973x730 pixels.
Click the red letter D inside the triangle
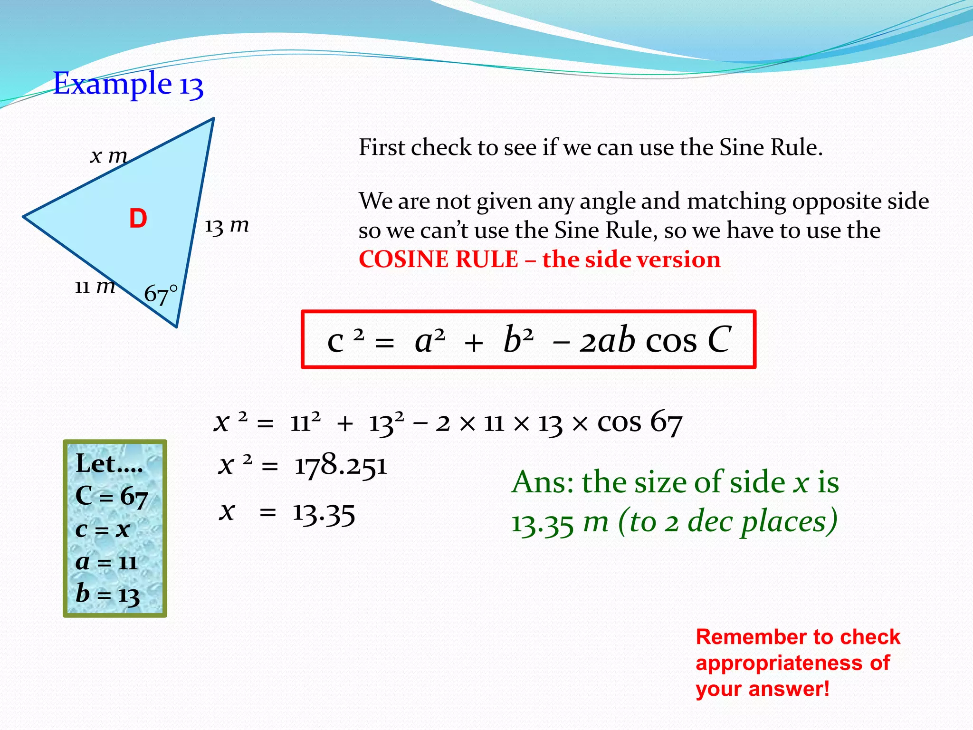(138, 219)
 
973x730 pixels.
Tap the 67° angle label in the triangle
(161, 294)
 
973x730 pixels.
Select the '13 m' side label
(227, 226)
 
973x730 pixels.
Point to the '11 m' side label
(95, 287)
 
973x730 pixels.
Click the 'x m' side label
(109, 155)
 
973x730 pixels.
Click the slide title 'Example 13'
(128, 84)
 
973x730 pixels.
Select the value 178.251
(341, 465)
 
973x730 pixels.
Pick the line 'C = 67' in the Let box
(112, 497)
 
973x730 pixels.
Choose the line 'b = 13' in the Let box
(108, 594)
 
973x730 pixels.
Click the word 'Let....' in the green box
(109, 463)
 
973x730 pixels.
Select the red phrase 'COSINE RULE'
(438, 259)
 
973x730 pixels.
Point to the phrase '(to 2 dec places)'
(727, 522)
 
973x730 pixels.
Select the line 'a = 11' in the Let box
(107, 562)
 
